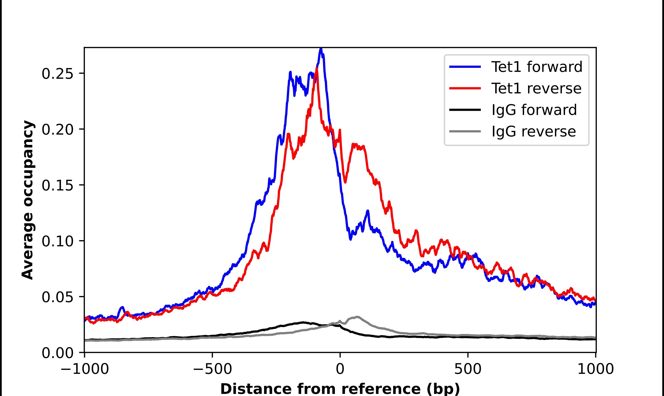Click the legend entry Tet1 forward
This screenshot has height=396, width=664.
(537, 67)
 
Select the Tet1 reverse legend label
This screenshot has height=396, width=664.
(536, 88)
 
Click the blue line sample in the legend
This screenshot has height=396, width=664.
(465, 67)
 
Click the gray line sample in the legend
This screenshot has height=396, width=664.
(465, 131)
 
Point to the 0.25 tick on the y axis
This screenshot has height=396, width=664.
(57, 74)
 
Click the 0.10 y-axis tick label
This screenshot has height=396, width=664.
(57, 241)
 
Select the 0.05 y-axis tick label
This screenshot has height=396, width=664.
(57, 297)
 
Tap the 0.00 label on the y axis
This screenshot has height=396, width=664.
(57, 353)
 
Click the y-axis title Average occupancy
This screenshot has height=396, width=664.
(28, 200)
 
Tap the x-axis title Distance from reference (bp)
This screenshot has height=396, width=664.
(340, 389)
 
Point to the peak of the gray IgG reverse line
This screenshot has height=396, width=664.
(357, 317)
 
